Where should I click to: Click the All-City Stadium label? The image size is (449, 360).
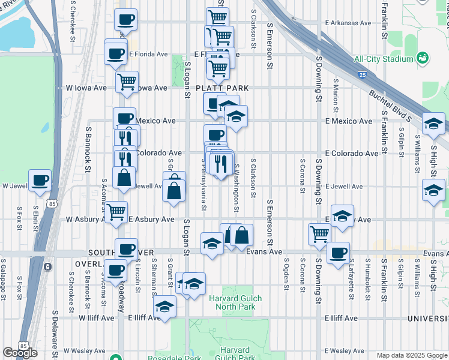click(x=384, y=59)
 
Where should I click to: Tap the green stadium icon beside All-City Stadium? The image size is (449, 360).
click(x=423, y=58)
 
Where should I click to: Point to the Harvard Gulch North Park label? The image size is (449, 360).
click(x=232, y=302)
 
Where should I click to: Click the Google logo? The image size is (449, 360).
click(x=20, y=353)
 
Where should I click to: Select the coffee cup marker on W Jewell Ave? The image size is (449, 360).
click(x=40, y=180)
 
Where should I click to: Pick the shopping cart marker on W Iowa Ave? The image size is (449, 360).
click(x=127, y=82)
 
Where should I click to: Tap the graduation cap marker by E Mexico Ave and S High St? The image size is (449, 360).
click(x=433, y=124)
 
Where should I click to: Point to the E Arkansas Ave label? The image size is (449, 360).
click(x=348, y=23)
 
